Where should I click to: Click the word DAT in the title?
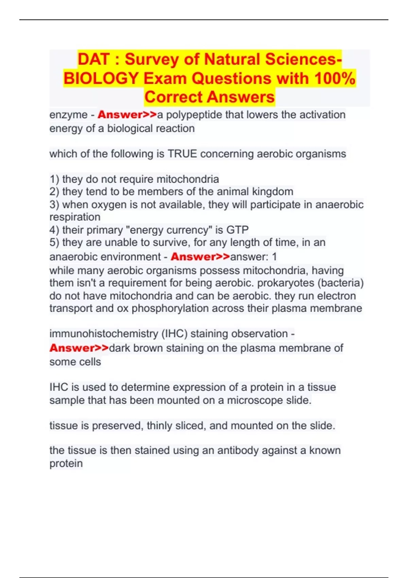94,59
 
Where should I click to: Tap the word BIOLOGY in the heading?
101,78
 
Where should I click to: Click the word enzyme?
68,115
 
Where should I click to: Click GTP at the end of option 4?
237,230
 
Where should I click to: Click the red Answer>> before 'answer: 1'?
200,257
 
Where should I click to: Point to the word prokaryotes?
290,283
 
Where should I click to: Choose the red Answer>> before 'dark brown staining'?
79,348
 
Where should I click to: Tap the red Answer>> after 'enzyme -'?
127,115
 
